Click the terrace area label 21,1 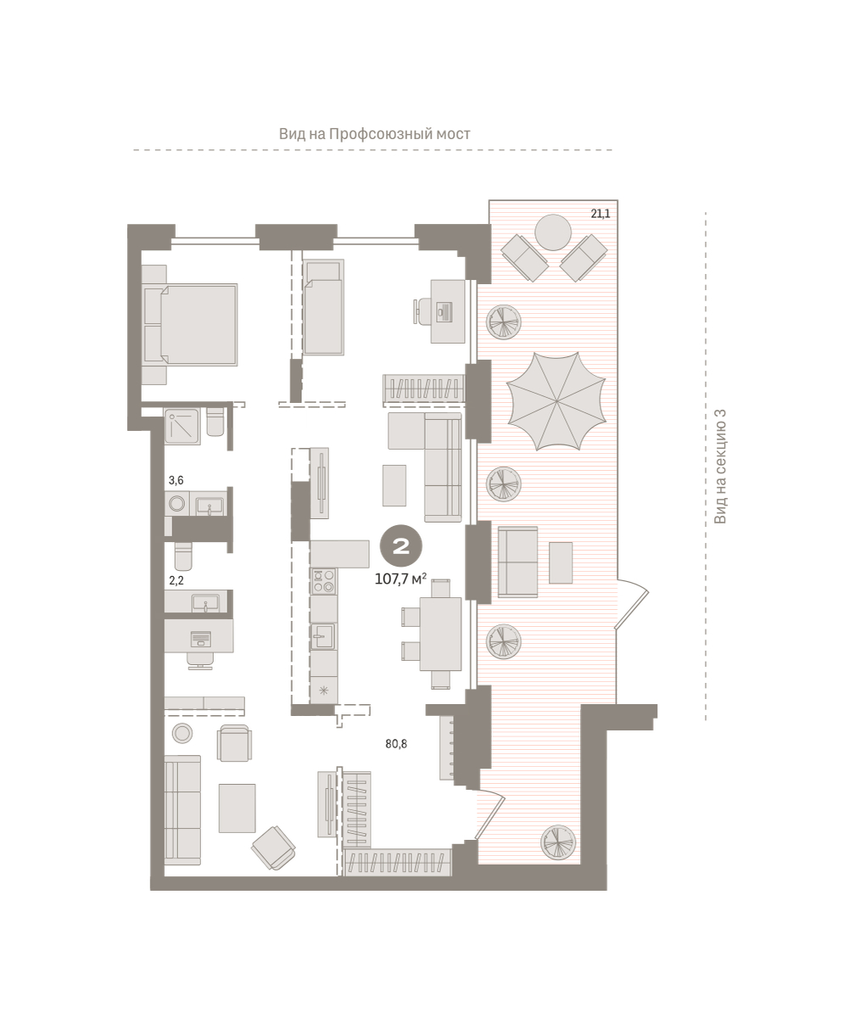600,214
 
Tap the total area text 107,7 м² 400,579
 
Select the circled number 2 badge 401,545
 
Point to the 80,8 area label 396,744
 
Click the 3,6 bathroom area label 176,480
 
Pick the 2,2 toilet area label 176,580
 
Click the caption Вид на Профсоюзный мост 374,133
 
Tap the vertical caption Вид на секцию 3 720,467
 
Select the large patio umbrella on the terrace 556,400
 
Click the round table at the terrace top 553,232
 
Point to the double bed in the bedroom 190,325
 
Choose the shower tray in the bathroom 182,427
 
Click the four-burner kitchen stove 324,581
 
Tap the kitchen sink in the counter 322,636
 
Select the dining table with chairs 432,634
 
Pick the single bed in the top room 323,307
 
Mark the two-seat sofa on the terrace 517,562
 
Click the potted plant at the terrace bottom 558,842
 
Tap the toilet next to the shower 215,422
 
